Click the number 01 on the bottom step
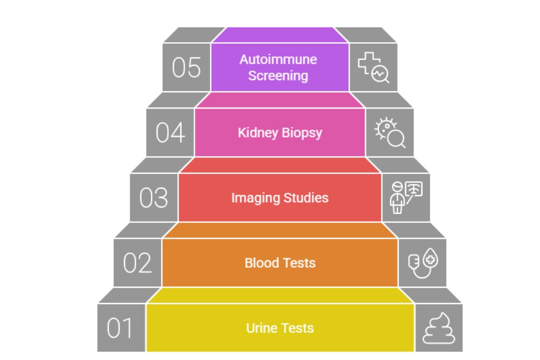[x=120, y=328]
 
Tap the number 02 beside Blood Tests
[x=137, y=263]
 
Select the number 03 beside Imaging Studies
[x=153, y=198]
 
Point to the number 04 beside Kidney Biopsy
[x=170, y=133]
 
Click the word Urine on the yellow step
[x=260, y=328]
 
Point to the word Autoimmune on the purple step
[x=278, y=60]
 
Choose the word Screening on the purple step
[x=278, y=75]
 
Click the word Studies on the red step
[x=305, y=198]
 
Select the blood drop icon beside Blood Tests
[x=422, y=262]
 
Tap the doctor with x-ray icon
[x=406, y=198]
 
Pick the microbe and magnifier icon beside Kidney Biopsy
[x=390, y=133]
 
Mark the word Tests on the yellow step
[x=297, y=328]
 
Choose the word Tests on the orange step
[x=298, y=262]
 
